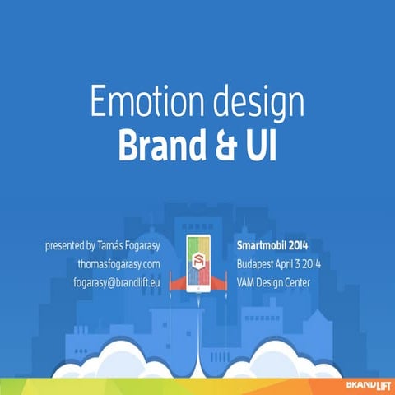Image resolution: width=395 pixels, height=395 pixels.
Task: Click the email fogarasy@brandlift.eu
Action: tap(116, 282)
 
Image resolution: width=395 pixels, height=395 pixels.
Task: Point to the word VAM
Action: tap(248, 282)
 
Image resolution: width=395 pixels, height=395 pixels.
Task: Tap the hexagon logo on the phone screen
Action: tap(198, 261)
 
